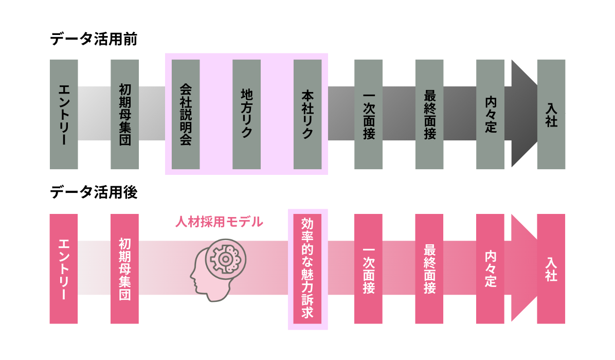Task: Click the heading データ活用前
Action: (94, 39)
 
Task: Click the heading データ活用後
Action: (94, 192)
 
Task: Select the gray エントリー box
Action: (64, 115)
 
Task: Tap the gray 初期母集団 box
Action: (125, 115)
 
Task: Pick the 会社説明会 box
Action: (186, 115)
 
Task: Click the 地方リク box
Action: (247, 115)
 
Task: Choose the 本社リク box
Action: (307, 115)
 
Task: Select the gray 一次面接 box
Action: (368, 115)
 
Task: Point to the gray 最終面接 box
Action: (429, 115)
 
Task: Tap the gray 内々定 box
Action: (490, 115)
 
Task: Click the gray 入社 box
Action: (551, 115)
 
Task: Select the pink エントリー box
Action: (64, 268)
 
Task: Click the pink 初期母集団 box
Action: (125, 268)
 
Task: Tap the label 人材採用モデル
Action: (219, 222)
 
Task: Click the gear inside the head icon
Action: (225, 259)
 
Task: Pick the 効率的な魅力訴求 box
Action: (307, 268)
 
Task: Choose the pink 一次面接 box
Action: (368, 268)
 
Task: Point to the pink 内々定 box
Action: (490, 268)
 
